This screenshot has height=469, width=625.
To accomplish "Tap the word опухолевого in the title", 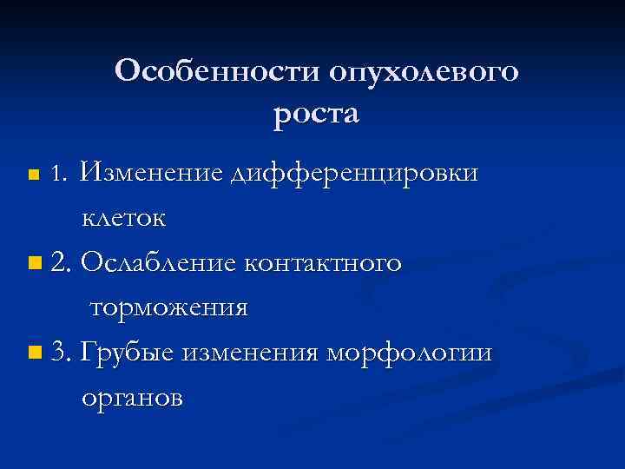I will point(424,72).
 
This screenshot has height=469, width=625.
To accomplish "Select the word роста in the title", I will point(316,114).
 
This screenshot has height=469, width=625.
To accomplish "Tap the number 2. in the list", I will point(62,261).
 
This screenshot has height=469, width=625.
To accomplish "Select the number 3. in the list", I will point(62,352).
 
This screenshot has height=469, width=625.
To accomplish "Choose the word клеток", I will point(122,218).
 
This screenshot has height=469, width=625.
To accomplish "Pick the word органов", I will point(132,398).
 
